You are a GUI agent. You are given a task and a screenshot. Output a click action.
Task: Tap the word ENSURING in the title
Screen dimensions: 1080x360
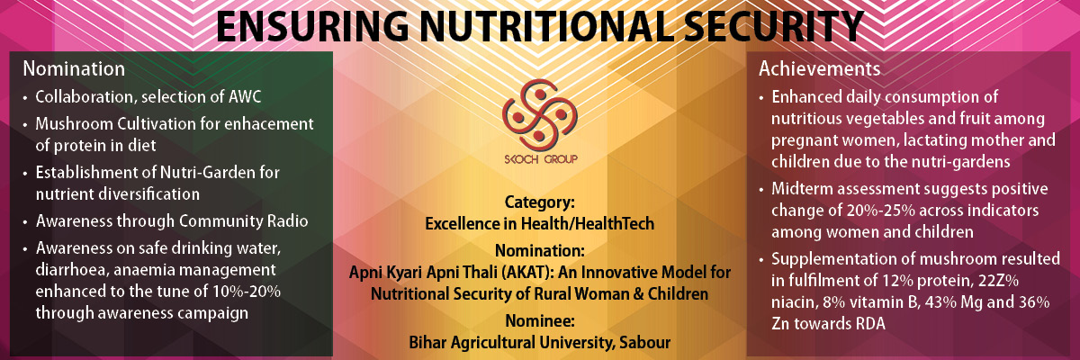(x=312, y=26)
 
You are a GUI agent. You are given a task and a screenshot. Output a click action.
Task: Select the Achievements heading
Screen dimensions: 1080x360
(x=820, y=69)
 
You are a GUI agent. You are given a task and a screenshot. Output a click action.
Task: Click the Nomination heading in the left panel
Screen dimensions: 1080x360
(x=74, y=69)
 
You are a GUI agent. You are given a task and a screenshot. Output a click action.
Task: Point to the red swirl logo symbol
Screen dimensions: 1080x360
(x=539, y=113)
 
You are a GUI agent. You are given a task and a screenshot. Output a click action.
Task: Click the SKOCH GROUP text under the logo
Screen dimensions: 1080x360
(x=541, y=159)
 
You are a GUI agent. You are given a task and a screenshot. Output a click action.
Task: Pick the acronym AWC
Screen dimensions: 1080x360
(x=244, y=97)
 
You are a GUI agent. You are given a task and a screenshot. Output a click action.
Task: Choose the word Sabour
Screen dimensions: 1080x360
(x=645, y=343)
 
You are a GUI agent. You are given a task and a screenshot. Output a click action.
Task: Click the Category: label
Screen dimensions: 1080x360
(x=539, y=202)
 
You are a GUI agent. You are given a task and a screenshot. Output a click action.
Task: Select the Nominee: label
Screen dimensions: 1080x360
(x=539, y=321)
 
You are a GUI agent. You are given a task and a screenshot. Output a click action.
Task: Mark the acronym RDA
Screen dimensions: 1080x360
(x=867, y=324)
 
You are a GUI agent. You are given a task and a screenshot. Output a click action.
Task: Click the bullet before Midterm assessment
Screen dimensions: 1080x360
(x=761, y=191)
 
